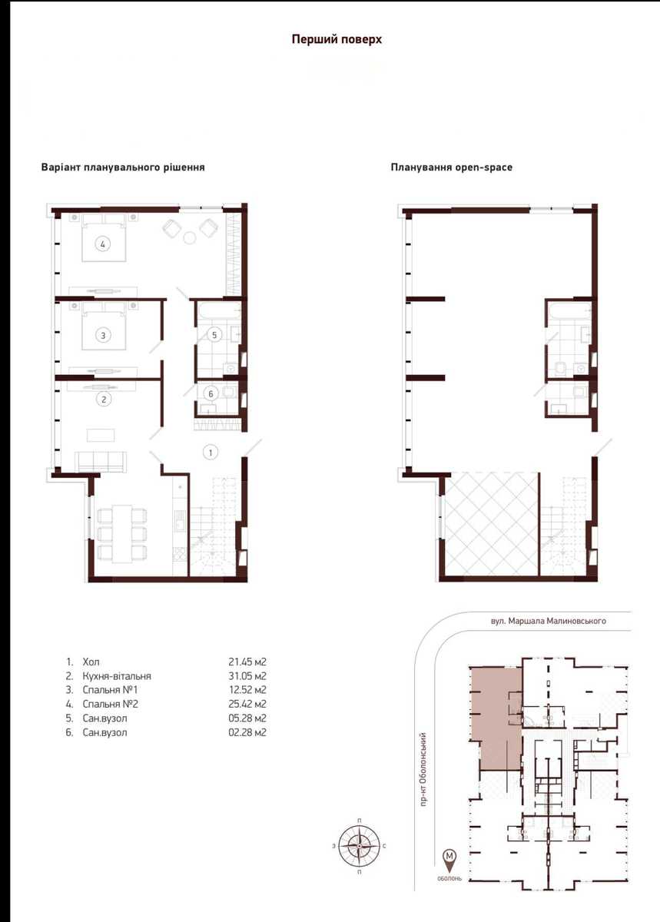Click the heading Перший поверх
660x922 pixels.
point(337,39)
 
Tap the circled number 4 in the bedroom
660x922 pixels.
point(103,244)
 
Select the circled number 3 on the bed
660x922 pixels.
point(103,336)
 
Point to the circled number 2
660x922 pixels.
point(104,400)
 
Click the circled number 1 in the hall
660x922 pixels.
point(211,453)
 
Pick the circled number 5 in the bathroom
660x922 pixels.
point(214,335)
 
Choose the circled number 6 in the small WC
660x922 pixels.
point(211,394)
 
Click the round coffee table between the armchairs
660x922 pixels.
point(190,237)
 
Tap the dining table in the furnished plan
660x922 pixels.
point(122,534)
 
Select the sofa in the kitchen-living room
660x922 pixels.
point(101,462)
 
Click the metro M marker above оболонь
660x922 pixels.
point(449,857)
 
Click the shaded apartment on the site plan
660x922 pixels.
point(496,718)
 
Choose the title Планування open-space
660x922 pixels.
point(452,167)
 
